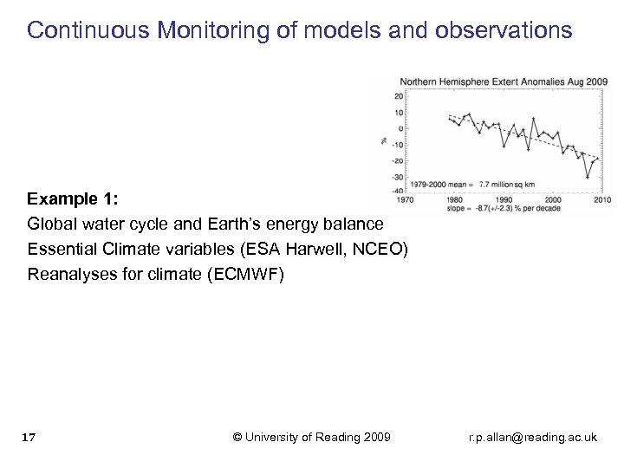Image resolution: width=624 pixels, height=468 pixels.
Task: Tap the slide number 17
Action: click(28, 437)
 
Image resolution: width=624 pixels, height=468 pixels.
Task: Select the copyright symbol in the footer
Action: click(238, 437)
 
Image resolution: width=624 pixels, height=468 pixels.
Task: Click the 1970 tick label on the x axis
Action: click(405, 199)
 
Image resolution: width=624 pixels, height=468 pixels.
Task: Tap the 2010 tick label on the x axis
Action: click(601, 199)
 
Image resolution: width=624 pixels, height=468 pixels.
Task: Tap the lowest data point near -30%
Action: click(587, 177)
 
